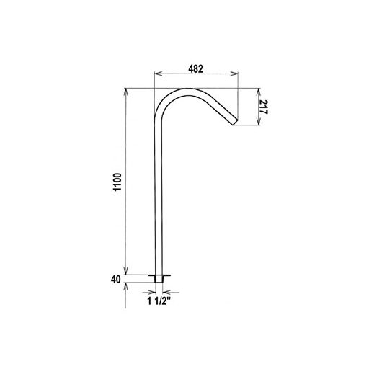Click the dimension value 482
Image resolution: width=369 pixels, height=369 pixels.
195,68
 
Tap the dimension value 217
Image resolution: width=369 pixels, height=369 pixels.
267,108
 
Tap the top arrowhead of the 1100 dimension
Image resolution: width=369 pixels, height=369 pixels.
127,91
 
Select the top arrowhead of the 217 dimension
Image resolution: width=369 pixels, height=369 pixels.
258,91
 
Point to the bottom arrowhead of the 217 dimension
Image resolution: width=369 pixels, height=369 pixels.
258,123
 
